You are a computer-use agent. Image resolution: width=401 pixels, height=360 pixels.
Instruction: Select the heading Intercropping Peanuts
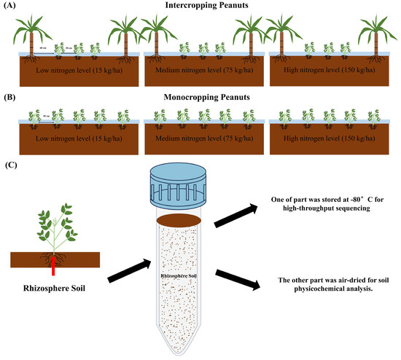click(201, 6)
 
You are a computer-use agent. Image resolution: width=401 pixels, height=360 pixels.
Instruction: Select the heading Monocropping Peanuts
click(201, 98)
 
